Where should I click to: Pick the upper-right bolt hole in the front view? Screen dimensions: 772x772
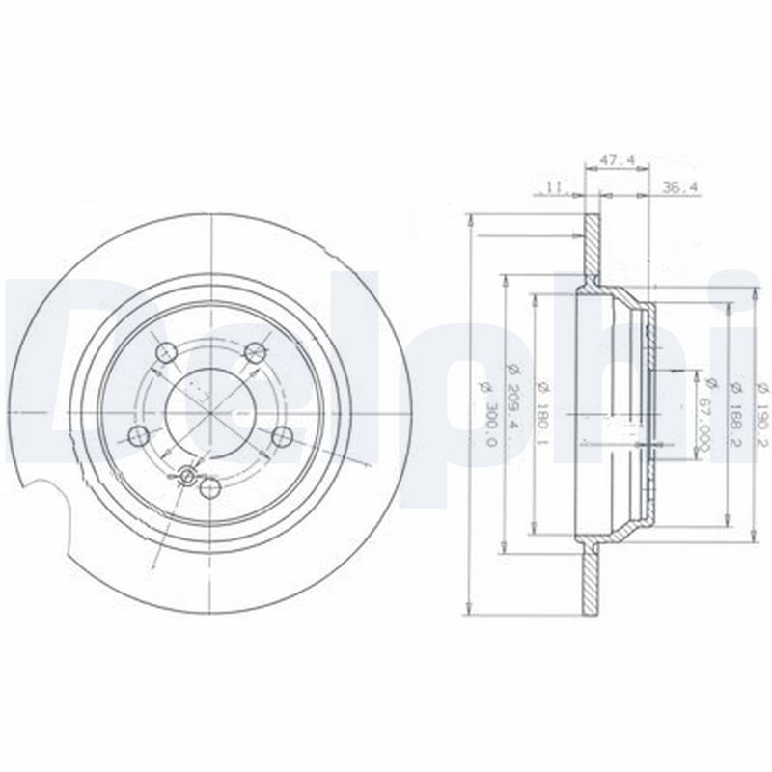(x=254, y=351)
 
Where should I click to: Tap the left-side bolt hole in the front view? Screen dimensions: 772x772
(x=139, y=435)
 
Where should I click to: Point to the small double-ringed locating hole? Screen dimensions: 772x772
(x=187, y=474)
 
